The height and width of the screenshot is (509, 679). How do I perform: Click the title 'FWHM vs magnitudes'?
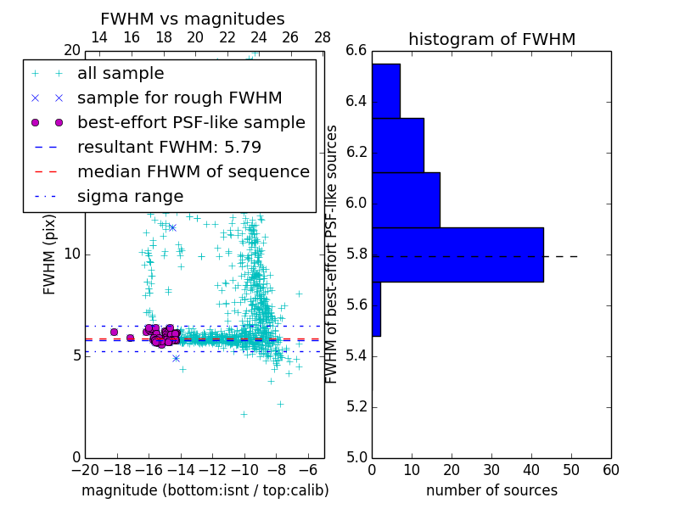pos(193,19)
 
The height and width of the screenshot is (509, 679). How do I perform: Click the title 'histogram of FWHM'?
pos(491,39)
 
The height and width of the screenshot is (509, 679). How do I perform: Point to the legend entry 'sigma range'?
pos(130,197)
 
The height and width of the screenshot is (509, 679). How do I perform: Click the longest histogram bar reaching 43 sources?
pos(457,255)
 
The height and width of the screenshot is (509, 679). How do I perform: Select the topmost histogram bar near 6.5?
pos(385,91)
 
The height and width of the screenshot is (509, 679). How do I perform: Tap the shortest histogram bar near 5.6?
pos(376,309)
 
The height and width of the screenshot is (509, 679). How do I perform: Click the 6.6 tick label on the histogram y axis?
pos(356,51)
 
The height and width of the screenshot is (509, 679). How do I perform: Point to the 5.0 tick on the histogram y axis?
pos(356,457)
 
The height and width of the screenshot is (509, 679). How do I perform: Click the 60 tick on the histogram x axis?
pos(610,470)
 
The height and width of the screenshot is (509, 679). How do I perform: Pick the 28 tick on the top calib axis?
pos(323,37)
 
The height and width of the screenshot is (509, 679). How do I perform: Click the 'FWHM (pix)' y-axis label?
pos(50,254)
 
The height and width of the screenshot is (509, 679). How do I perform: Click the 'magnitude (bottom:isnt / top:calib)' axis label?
pos(205,490)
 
